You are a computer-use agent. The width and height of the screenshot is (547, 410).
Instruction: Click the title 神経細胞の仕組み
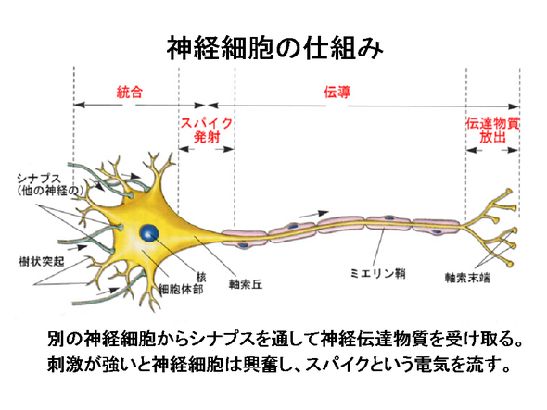pos(275,48)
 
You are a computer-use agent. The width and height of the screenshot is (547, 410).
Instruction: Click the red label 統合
pos(130,92)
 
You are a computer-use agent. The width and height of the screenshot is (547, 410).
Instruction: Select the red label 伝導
pos(337,93)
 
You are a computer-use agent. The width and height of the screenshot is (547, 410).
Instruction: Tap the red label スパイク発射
pos(207,130)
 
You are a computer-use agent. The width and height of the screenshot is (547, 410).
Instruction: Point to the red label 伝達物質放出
pos(492,130)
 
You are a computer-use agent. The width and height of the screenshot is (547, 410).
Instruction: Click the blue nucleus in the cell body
pos(149,233)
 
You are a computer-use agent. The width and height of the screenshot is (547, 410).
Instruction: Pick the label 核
pos(201,278)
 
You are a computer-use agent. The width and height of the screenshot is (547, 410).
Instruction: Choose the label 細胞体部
pos(181,289)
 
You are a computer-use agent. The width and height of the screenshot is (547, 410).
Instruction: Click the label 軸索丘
pos(246,285)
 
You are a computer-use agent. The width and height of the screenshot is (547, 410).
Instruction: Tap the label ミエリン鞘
pos(378,273)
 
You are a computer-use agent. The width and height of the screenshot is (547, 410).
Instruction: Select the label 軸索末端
pos(467,278)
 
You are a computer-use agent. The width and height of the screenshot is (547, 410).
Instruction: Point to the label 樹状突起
pos(42,261)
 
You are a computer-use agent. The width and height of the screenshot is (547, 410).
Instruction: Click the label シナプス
pos(39,179)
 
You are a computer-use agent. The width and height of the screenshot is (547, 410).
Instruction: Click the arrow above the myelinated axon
pos(314,214)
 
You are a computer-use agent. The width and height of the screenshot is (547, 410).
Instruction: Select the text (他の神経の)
pos(51,191)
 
